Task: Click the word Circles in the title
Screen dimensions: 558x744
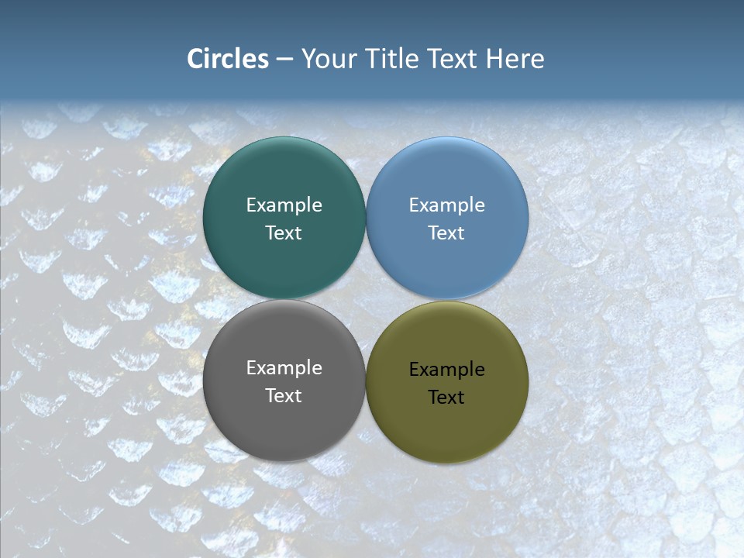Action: point(228,59)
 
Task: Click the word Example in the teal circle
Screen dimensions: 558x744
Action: point(284,205)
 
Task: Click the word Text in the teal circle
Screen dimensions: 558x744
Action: point(284,233)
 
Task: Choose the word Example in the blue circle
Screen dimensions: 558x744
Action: point(447,205)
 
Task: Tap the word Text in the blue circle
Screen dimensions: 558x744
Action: point(447,233)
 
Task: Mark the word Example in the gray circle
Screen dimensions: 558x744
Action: point(284,368)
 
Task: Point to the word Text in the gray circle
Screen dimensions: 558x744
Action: point(284,396)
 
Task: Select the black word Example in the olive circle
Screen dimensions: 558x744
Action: point(447,370)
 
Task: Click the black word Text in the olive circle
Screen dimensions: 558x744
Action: point(447,398)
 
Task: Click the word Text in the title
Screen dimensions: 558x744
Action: point(453,59)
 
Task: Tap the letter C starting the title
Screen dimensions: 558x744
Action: point(195,59)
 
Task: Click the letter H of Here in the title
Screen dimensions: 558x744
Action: point(494,59)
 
